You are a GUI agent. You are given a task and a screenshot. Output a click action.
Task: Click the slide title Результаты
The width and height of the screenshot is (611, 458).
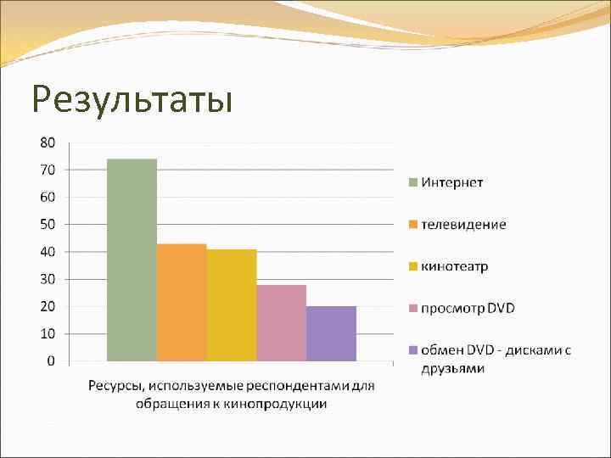(x=132, y=98)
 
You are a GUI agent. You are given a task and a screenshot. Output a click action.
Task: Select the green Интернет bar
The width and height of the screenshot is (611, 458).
(x=132, y=260)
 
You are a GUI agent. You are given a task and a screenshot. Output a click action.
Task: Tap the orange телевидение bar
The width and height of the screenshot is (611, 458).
(x=182, y=302)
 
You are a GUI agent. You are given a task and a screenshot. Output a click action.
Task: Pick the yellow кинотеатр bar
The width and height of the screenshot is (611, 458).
(x=232, y=304)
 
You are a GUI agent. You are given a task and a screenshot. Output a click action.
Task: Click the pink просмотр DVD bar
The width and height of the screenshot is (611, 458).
(x=281, y=322)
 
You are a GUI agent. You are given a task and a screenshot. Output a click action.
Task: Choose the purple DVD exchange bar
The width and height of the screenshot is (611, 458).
(x=331, y=333)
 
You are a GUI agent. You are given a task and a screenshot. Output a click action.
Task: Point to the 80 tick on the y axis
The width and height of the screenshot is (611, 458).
(x=48, y=142)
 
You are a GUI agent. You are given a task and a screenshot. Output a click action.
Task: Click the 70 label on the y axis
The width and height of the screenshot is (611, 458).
(x=48, y=170)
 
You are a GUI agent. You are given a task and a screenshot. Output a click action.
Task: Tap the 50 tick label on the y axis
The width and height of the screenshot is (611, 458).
(x=48, y=224)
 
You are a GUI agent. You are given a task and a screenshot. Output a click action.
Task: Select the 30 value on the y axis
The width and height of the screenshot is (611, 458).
(x=48, y=279)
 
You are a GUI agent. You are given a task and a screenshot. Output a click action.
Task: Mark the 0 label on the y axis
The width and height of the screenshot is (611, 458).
(x=51, y=360)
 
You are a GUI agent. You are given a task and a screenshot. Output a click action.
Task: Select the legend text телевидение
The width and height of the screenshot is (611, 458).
(x=464, y=224)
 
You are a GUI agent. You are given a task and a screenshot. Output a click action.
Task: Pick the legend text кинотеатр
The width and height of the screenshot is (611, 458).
(x=456, y=266)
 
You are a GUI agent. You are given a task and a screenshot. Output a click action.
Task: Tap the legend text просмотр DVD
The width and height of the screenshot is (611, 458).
(x=468, y=307)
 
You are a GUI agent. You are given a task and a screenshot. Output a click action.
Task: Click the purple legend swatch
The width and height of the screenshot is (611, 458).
(x=413, y=349)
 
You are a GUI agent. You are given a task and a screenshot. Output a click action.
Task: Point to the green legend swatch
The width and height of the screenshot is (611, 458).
(x=413, y=182)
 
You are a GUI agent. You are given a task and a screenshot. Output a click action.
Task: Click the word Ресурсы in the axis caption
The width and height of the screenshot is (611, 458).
(x=114, y=387)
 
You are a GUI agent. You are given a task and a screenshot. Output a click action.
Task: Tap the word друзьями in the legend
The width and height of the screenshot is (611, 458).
(x=453, y=368)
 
